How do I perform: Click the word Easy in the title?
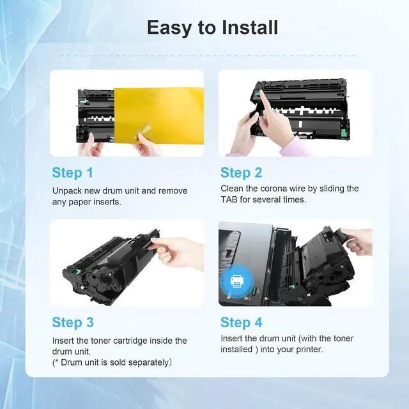(169, 27)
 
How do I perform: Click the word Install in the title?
(250, 27)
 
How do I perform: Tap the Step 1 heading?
(72, 173)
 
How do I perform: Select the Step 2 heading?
(242, 173)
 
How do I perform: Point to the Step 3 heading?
(73, 322)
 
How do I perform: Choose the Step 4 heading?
(242, 322)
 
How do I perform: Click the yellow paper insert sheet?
(159, 116)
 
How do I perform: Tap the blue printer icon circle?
(237, 281)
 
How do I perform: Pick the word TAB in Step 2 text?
(229, 199)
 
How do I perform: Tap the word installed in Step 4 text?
(236, 350)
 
